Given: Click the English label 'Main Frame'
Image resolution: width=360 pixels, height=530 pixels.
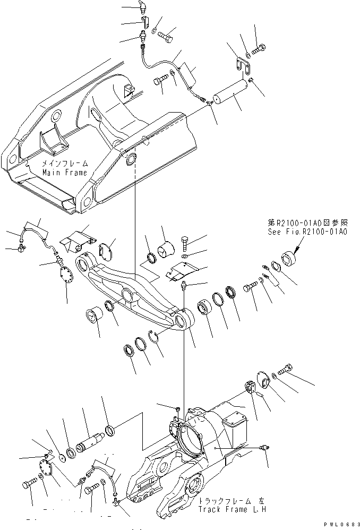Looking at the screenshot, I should pyautogui.click(x=64, y=173).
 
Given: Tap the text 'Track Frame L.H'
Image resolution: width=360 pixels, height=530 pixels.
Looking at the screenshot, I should pyautogui.click(x=229, y=509).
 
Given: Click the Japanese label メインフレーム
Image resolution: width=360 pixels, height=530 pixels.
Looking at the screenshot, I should pyautogui.click(x=65, y=165).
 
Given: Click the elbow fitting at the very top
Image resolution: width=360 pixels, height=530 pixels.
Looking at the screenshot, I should pyautogui.click(x=141, y=7).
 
